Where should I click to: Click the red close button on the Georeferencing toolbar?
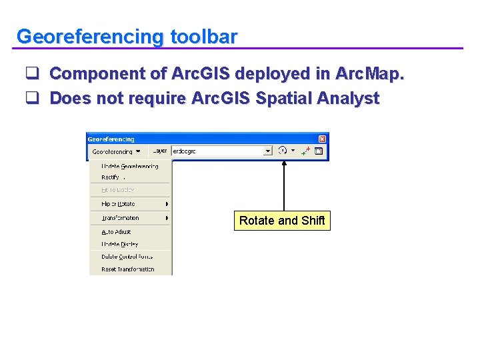click(x=322, y=139)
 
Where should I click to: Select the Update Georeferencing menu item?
click(x=129, y=166)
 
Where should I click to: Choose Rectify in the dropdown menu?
click(x=111, y=177)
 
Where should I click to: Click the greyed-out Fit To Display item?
click(x=117, y=190)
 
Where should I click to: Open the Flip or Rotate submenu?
click(x=118, y=204)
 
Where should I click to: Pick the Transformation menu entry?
click(x=120, y=218)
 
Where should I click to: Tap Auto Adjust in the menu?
click(x=116, y=232)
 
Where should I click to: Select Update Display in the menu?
click(x=120, y=245)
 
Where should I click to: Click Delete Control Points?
click(x=127, y=257)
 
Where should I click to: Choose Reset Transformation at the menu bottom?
click(x=127, y=269)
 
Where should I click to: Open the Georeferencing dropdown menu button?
click(x=115, y=151)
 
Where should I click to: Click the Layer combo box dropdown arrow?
click(x=268, y=151)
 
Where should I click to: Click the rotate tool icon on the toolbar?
click(x=283, y=151)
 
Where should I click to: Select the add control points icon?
click(x=306, y=151)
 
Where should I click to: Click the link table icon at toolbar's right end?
click(x=319, y=151)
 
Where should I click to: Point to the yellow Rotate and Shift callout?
click(x=282, y=221)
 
